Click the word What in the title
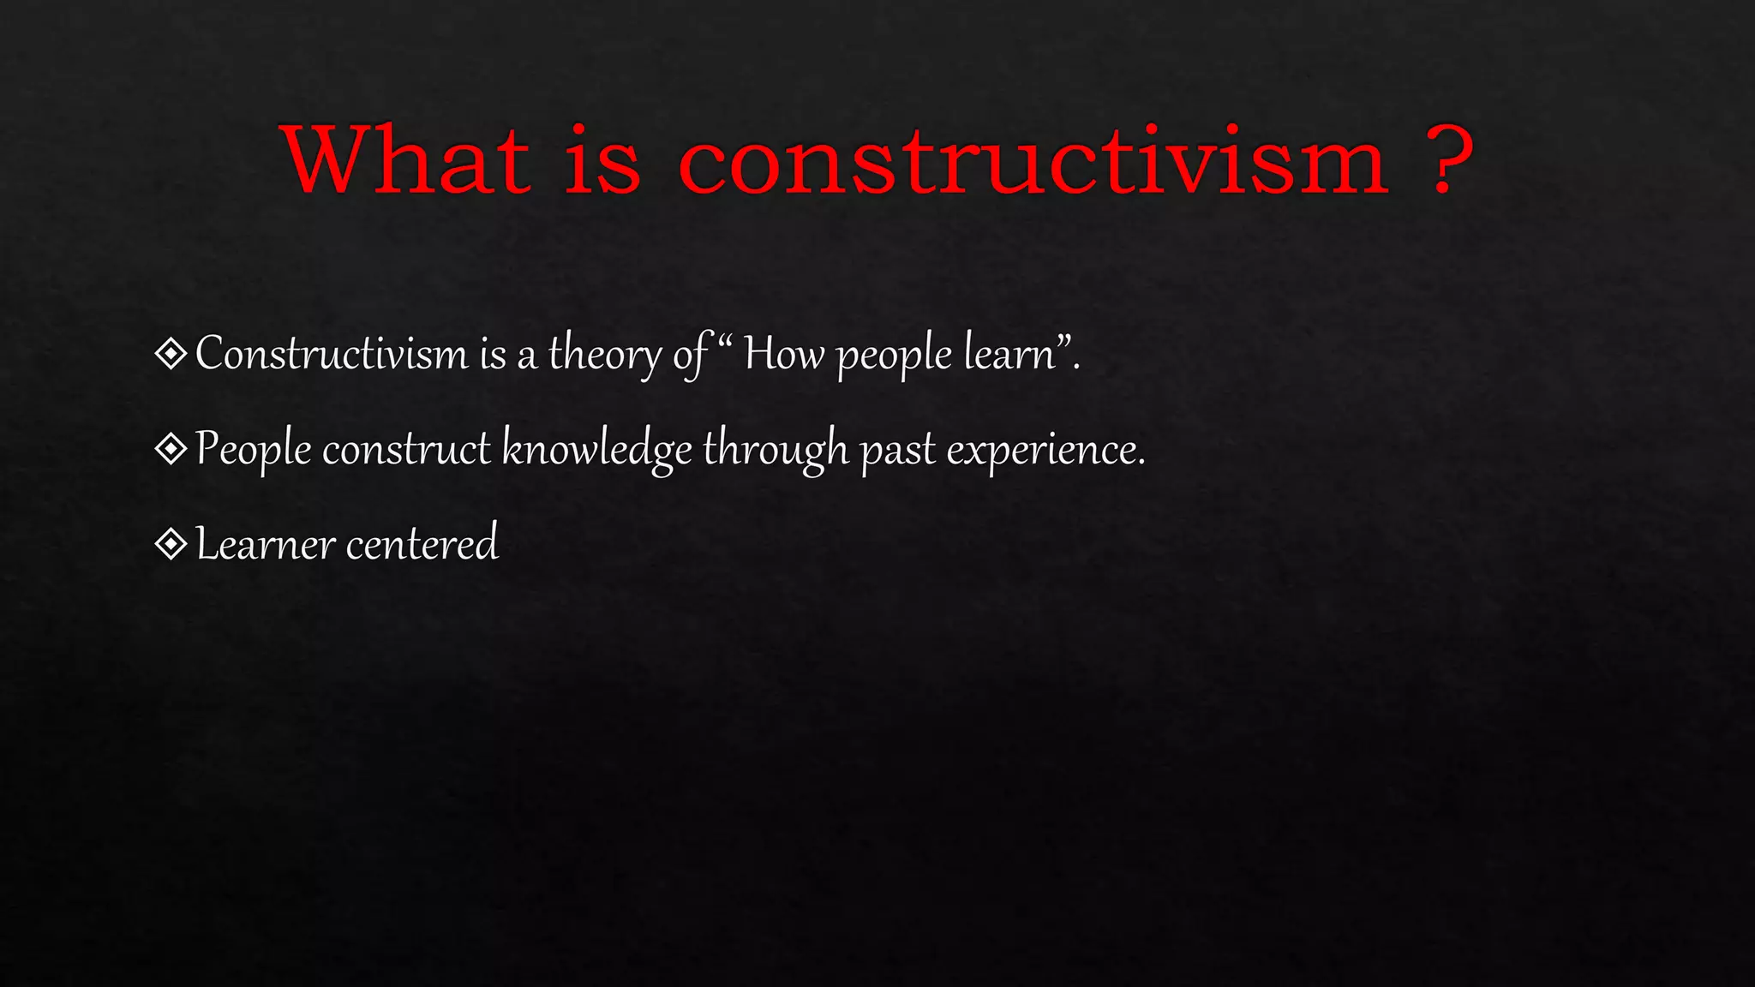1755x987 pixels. click(406, 160)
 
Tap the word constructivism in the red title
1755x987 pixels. click(1032, 160)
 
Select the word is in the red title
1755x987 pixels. click(602, 160)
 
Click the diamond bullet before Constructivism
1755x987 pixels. click(171, 353)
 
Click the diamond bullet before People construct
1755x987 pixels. click(171, 448)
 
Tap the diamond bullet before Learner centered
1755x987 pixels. click(171, 543)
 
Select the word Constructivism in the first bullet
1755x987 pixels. click(332, 353)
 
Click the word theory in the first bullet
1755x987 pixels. click(604, 355)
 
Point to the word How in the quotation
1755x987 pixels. click(783, 353)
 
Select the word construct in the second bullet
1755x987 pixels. click(406, 449)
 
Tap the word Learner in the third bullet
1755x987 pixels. click(265, 544)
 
